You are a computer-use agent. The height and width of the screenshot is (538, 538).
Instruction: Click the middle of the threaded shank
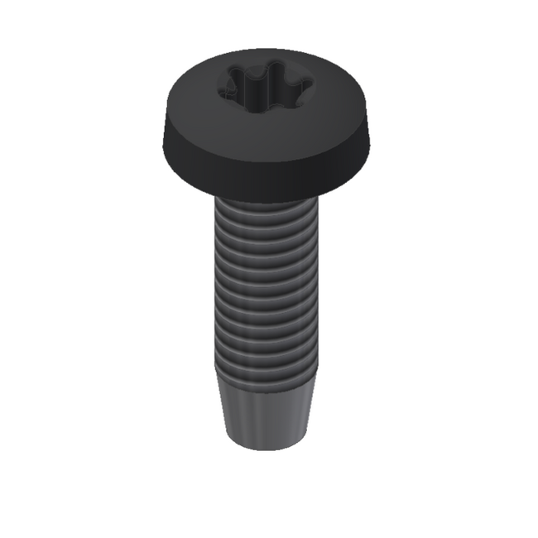(x=267, y=286)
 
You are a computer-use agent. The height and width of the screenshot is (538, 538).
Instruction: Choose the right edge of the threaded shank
(x=318, y=286)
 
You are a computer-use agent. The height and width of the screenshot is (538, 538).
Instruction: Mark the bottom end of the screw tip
(x=267, y=447)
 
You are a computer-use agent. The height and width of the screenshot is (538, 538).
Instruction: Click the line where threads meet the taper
(x=267, y=377)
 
